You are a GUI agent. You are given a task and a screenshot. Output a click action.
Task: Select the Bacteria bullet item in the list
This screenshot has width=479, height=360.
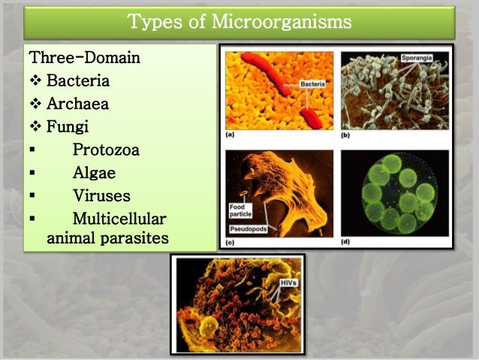tap(78, 80)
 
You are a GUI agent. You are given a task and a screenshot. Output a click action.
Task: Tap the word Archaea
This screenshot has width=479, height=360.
tap(77, 104)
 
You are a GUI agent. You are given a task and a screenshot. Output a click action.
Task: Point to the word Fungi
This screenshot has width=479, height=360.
tap(68, 126)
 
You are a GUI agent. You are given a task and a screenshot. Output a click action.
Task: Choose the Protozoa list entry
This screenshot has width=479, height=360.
tap(106, 150)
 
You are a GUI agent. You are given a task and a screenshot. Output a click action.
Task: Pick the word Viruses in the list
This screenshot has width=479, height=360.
tap(101, 196)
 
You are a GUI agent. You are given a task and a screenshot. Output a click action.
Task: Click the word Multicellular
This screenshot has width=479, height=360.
tap(119, 219)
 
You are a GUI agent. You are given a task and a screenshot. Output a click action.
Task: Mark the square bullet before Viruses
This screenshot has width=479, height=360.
tap(32, 196)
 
